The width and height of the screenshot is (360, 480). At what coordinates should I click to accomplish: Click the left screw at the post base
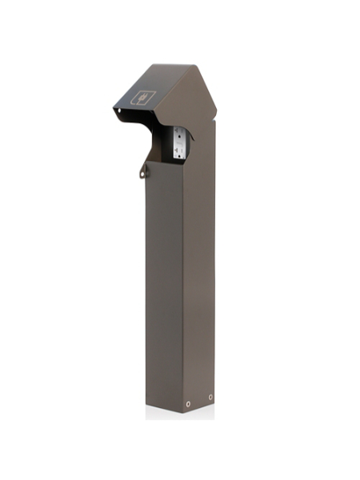[189, 404]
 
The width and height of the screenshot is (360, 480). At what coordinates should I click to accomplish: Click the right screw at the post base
[210, 397]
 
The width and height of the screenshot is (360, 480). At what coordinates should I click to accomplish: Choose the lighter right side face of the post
[201, 280]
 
